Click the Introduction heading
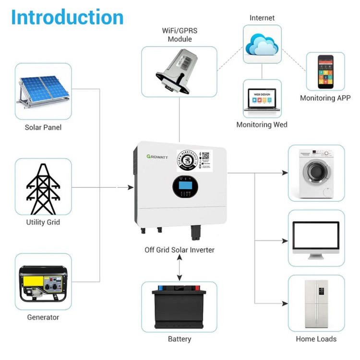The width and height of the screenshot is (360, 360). point(67,17)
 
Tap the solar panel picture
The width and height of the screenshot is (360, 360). point(43,92)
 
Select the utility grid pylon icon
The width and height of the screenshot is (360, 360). point(43,187)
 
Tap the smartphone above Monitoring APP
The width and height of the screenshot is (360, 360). point(325,72)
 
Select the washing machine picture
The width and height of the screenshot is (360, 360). point(316,172)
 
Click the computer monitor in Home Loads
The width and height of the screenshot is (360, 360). point(316,238)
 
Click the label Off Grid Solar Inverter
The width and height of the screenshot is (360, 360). point(180,250)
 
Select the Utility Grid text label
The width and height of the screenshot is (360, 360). point(43,222)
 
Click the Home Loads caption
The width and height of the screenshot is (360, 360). point(316,339)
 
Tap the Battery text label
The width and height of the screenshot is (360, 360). point(180,339)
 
